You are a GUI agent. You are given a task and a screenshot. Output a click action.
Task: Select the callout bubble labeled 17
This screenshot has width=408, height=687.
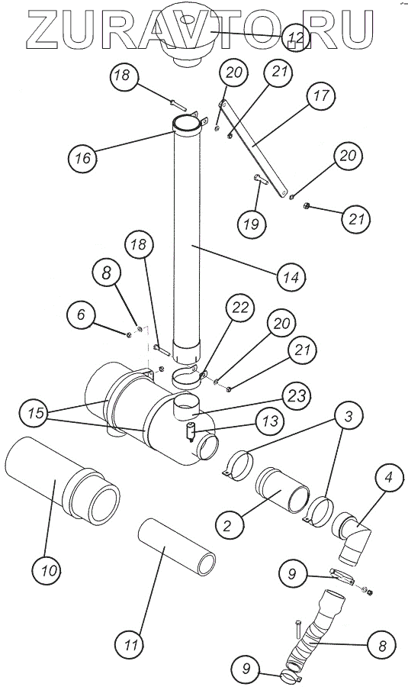(x=321, y=95)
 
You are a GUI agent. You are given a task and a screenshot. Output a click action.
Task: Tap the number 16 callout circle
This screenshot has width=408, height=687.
(x=82, y=158)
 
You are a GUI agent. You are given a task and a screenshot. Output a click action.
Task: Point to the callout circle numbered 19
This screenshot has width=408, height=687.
(x=251, y=224)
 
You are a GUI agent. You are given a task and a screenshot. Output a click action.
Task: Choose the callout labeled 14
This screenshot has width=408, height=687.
(x=291, y=277)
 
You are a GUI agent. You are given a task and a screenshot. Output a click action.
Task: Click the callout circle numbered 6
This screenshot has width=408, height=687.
(x=81, y=315)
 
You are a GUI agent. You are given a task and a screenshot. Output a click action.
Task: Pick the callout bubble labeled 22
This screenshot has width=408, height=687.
(x=240, y=308)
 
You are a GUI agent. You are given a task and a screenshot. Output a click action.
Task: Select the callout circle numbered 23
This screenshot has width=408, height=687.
(x=297, y=396)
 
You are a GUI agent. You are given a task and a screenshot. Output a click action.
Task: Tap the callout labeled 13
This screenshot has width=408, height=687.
(x=270, y=421)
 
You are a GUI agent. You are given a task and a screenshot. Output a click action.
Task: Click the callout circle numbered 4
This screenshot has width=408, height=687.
(x=388, y=478)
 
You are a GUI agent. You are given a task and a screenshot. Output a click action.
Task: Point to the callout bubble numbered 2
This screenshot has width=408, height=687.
(x=226, y=525)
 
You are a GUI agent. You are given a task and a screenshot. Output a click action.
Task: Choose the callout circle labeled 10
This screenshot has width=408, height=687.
(x=47, y=570)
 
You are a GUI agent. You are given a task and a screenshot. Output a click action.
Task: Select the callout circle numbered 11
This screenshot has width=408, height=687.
(x=129, y=645)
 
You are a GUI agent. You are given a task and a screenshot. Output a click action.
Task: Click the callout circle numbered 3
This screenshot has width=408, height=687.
(x=348, y=417)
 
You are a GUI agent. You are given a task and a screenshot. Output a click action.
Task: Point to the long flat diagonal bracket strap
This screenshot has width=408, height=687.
(x=254, y=147)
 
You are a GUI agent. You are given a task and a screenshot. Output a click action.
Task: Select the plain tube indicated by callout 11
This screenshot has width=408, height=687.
(x=176, y=546)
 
